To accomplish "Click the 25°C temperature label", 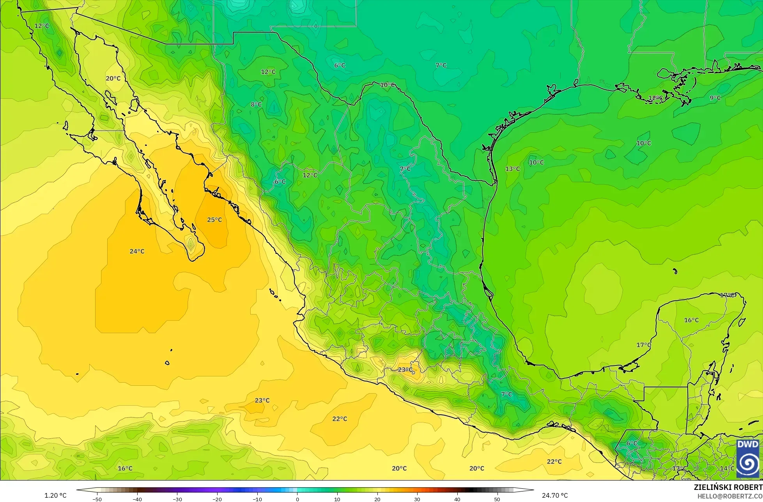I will coord(214,220).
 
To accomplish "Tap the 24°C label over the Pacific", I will coord(137,252).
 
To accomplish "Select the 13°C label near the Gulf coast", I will coord(513,169).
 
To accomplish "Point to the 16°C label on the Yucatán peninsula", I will coord(691,320).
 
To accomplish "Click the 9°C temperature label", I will coord(715,98).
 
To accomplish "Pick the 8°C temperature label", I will coord(256,105).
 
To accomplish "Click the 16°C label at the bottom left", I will coord(125,468).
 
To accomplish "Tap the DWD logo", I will coord(747,459).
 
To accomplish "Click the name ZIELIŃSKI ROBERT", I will coord(728,488).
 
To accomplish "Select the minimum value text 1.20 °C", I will coord(55,496).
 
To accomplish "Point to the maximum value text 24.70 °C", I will coord(555,496).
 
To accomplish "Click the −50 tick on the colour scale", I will coord(97,499).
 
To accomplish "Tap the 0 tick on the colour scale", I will coord(297,499).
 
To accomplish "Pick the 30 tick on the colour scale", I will coord(417,499).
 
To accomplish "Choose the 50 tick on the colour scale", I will coord(497,499).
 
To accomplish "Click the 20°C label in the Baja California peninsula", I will coord(113,78).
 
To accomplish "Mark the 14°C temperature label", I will coord(727,468).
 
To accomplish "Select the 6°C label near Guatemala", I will coord(632,443).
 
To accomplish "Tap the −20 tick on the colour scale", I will coord(217,499).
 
